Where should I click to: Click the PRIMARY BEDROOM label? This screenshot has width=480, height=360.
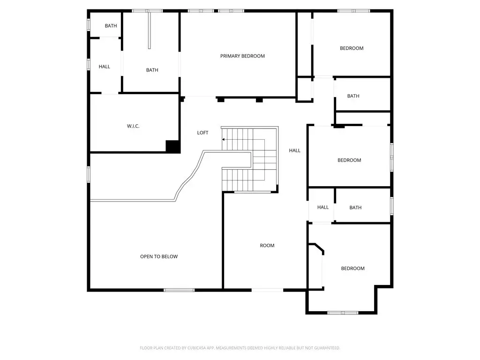point(242,56)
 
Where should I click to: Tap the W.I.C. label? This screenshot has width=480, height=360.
point(133,126)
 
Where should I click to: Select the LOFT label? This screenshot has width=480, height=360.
point(202,133)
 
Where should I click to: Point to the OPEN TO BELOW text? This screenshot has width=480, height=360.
point(159,256)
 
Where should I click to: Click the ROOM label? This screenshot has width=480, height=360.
point(267,246)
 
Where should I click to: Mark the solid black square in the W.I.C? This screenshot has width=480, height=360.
point(172,146)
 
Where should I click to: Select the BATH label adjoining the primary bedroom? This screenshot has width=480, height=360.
point(152,70)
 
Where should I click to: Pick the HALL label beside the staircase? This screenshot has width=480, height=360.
point(295,150)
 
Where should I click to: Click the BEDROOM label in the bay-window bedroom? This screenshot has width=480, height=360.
point(353,269)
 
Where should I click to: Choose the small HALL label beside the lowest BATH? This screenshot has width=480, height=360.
point(323,207)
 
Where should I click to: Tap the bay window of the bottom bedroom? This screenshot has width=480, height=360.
point(343,313)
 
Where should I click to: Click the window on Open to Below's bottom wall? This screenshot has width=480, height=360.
point(179,290)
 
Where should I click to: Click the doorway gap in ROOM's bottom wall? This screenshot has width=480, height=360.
point(268,290)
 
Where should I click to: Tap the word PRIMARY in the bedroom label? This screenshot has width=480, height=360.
point(230,56)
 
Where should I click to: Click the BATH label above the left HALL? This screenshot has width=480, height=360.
point(111,26)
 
